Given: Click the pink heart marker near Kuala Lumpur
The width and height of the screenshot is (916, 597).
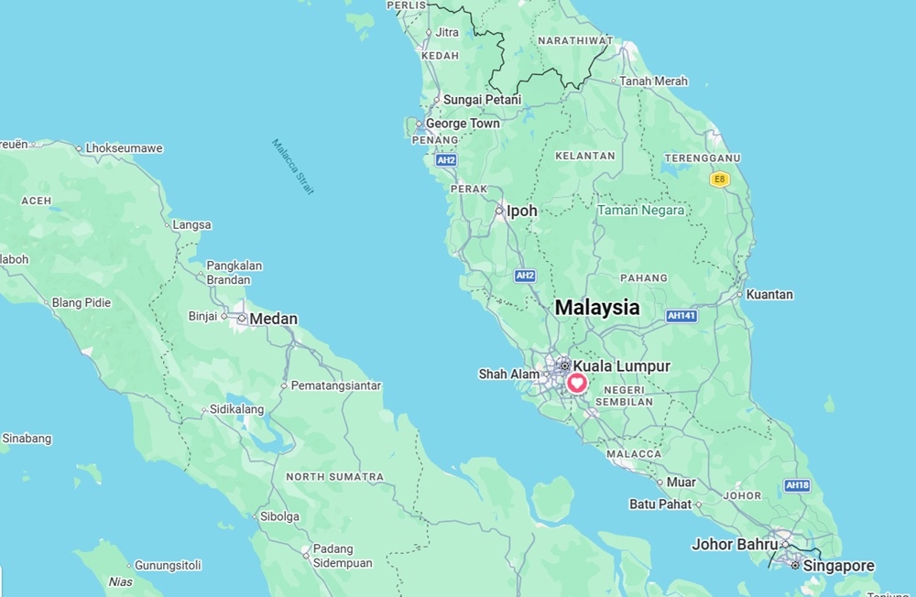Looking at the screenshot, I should [x=578, y=383].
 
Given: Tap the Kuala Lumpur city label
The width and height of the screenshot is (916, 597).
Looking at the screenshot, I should [x=621, y=366].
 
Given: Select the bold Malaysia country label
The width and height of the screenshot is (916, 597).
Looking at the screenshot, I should [x=597, y=308].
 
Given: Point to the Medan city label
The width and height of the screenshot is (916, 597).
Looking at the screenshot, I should [x=273, y=320].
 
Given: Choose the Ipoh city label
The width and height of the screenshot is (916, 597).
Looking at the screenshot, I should [x=522, y=211].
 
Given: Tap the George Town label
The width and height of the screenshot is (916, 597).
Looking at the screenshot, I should [x=463, y=124].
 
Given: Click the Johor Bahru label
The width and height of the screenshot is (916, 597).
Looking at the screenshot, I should [x=735, y=545].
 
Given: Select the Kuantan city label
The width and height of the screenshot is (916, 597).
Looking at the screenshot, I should [x=769, y=295].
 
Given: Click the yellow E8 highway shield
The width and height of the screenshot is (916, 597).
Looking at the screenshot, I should [x=720, y=179].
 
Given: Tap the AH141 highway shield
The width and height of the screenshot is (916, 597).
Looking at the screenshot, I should [x=682, y=315].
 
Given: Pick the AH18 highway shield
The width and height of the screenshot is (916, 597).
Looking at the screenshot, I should [x=797, y=485].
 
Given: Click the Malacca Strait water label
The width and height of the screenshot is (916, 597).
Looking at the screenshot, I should [x=293, y=166].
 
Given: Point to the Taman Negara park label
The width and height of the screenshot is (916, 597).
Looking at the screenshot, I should [x=640, y=210].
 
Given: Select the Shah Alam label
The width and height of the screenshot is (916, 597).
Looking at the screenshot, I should [x=509, y=374].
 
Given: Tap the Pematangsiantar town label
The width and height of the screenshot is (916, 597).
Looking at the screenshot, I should [x=335, y=385].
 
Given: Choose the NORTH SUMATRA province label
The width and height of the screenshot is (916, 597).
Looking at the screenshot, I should [x=334, y=477].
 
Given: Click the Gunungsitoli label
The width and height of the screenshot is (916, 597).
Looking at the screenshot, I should [x=168, y=565].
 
